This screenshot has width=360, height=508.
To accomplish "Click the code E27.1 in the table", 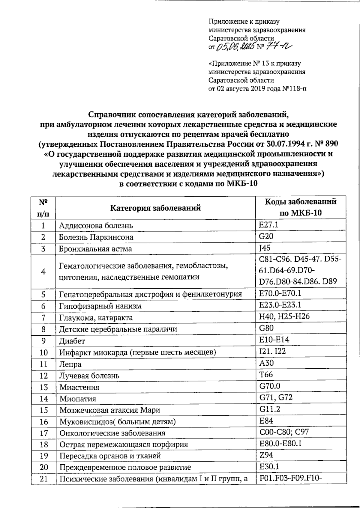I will (x=271, y=225).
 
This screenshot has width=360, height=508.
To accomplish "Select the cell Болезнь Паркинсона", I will (x=96, y=237).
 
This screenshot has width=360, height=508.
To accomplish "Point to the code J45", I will (x=265, y=248).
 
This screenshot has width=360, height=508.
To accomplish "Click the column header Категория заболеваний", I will (x=155, y=208).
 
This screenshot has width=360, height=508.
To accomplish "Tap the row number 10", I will (x=44, y=352).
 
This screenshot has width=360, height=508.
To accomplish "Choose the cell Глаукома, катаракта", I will (x=96, y=318).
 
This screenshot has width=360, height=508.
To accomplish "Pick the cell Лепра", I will (x=70, y=364).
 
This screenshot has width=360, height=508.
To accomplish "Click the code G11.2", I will (x=270, y=409).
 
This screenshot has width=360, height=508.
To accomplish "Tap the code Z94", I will (x=266, y=455).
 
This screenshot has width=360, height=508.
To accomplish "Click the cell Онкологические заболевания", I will (x=112, y=433).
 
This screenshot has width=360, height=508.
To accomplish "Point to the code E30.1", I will (x=269, y=467).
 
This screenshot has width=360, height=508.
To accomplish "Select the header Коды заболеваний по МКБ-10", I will (x=301, y=207).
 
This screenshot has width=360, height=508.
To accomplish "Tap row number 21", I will (x=44, y=479).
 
